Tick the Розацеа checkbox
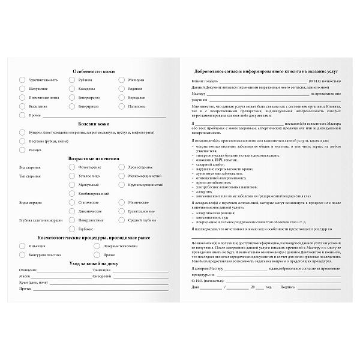point(22,149)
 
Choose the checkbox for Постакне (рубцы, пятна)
point(22,140)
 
